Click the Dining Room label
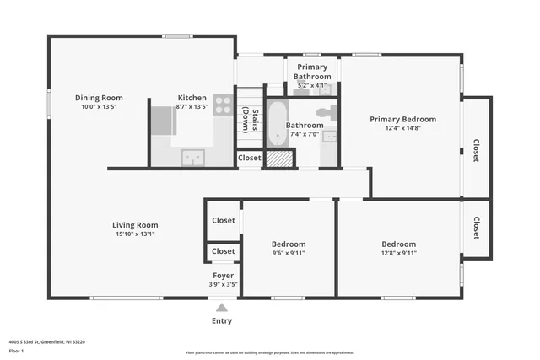(x=99, y=98)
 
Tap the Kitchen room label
(x=192, y=98)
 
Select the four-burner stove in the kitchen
(x=223, y=105)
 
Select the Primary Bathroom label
(x=312, y=73)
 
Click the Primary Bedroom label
(x=402, y=120)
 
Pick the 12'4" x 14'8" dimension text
(x=402, y=129)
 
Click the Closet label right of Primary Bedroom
(x=477, y=150)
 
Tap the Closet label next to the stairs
(x=250, y=158)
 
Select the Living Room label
(x=135, y=225)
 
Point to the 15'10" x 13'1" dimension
(x=135, y=234)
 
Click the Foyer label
(x=223, y=275)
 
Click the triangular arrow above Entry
(x=222, y=308)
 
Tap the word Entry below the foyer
(x=222, y=320)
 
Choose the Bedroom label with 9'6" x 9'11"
(x=288, y=244)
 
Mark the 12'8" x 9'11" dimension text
(x=398, y=253)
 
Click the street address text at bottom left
(x=46, y=342)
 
